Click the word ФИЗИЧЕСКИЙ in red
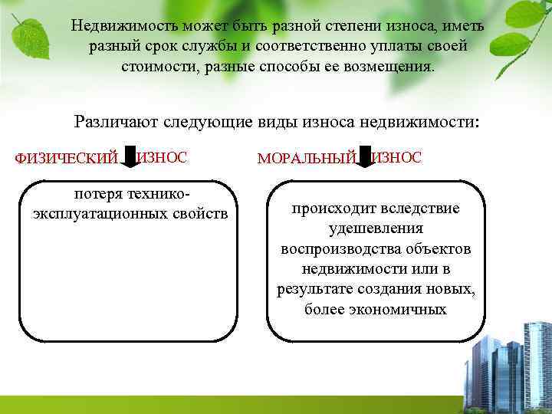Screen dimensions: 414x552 [x=67, y=159]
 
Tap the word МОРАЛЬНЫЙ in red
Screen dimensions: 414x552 [x=307, y=159]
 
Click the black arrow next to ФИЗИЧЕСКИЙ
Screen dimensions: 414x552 [x=129, y=156]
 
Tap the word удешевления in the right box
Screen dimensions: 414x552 [x=375, y=229]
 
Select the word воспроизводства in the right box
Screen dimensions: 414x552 [x=333, y=249]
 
